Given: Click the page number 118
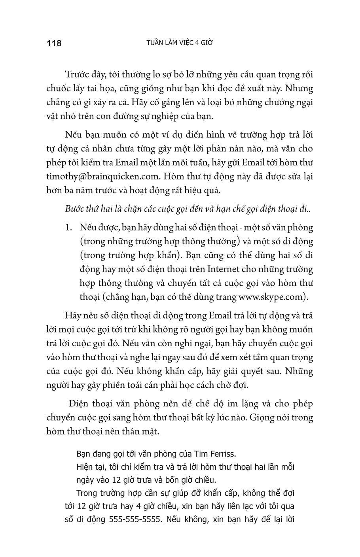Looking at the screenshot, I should [x=54, y=43].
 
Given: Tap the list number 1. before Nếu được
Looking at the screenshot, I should [x=69, y=228].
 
